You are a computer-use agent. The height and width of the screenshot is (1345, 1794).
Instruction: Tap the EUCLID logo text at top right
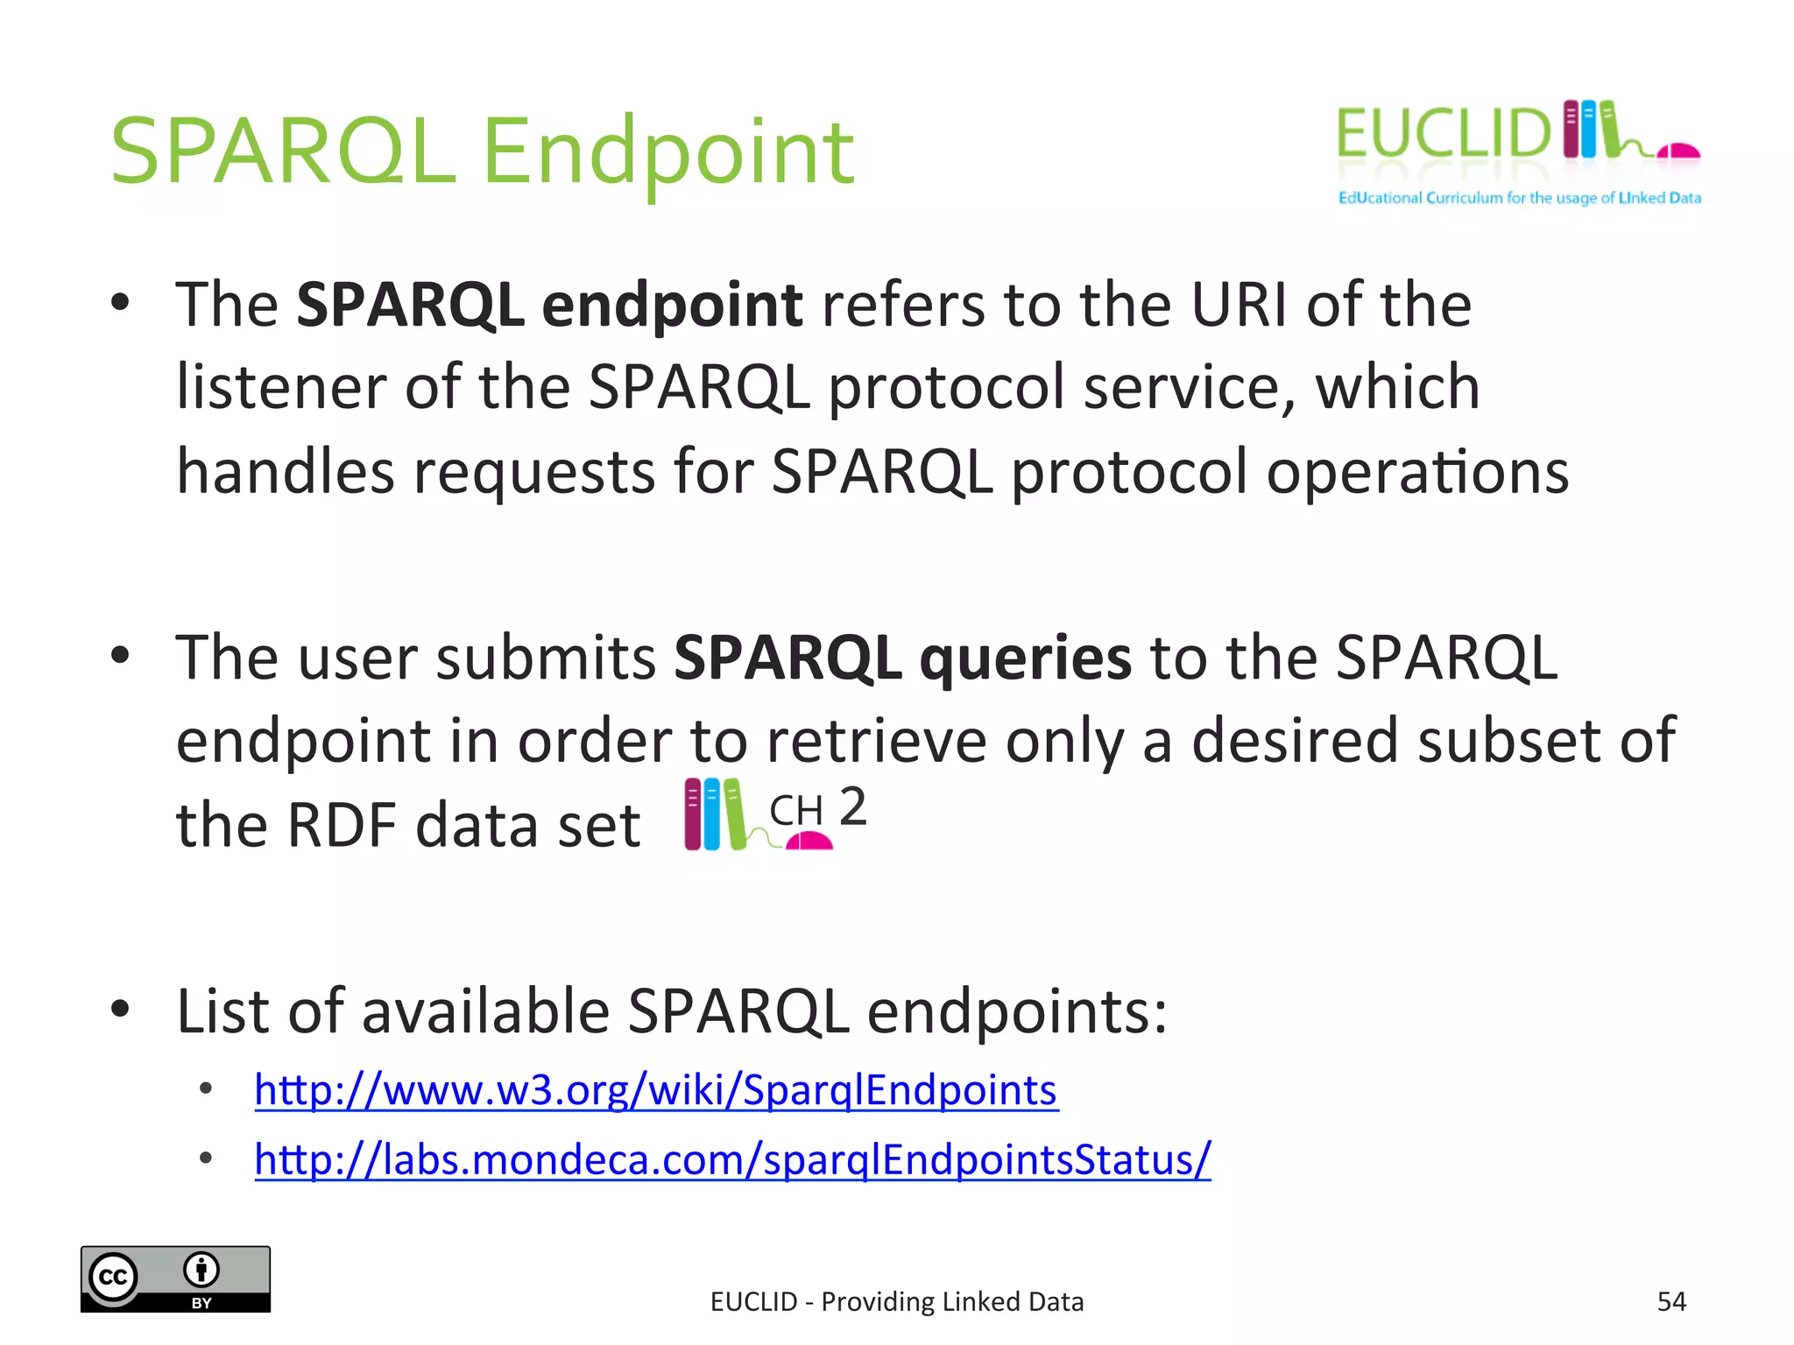[x=1443, y=134]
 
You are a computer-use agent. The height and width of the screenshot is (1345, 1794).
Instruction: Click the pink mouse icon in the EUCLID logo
[x=1678, y=152]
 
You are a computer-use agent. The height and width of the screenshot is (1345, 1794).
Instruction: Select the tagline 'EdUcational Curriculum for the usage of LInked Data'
[x=1519, y=198]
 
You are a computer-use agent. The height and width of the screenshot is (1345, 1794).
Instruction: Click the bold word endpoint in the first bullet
[x=672, y=305]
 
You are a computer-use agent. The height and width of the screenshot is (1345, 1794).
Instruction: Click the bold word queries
[x=1025, y=658]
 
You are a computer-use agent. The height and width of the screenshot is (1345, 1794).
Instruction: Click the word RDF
[x=342, y=825]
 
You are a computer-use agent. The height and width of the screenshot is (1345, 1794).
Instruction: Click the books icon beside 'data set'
[x=714, y=814]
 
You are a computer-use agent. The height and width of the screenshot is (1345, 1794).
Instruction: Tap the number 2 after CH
[x=852, y=806]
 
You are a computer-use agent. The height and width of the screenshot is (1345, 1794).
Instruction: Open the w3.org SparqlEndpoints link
[x=655, y=1090]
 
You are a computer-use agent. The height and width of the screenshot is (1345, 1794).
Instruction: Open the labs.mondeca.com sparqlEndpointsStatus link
[x=732, y=1159]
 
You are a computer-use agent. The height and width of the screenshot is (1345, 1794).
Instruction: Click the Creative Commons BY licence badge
[x=175, y=1278]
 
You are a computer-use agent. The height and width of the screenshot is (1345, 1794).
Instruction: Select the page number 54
[x=1671, y=1301]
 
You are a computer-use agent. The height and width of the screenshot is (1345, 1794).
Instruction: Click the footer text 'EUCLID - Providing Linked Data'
[x=897, y=1302]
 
